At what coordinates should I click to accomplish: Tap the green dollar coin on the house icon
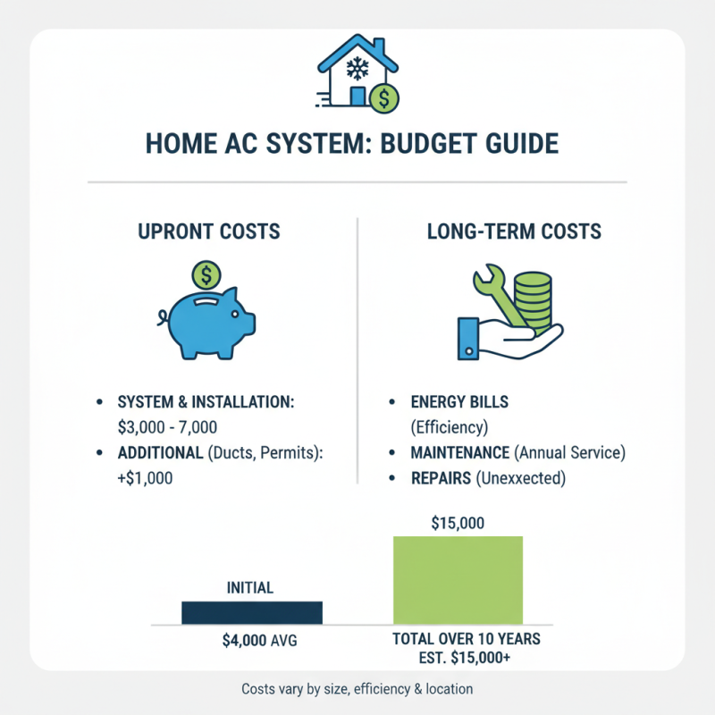[x=384, y=97]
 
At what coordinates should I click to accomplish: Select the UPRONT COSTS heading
[x=209, y=231]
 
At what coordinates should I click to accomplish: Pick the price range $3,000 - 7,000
[x=168, y=428]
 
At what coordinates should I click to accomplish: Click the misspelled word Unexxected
[x=522, y=478]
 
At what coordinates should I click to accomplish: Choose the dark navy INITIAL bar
[x=251, y=612]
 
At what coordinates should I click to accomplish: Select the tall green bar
[x=458, y=579]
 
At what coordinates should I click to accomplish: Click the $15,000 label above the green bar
[x=458, y=523]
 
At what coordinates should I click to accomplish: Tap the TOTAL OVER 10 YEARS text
[x=467, y=641]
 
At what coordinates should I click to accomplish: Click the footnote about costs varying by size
[x=357, y=689]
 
